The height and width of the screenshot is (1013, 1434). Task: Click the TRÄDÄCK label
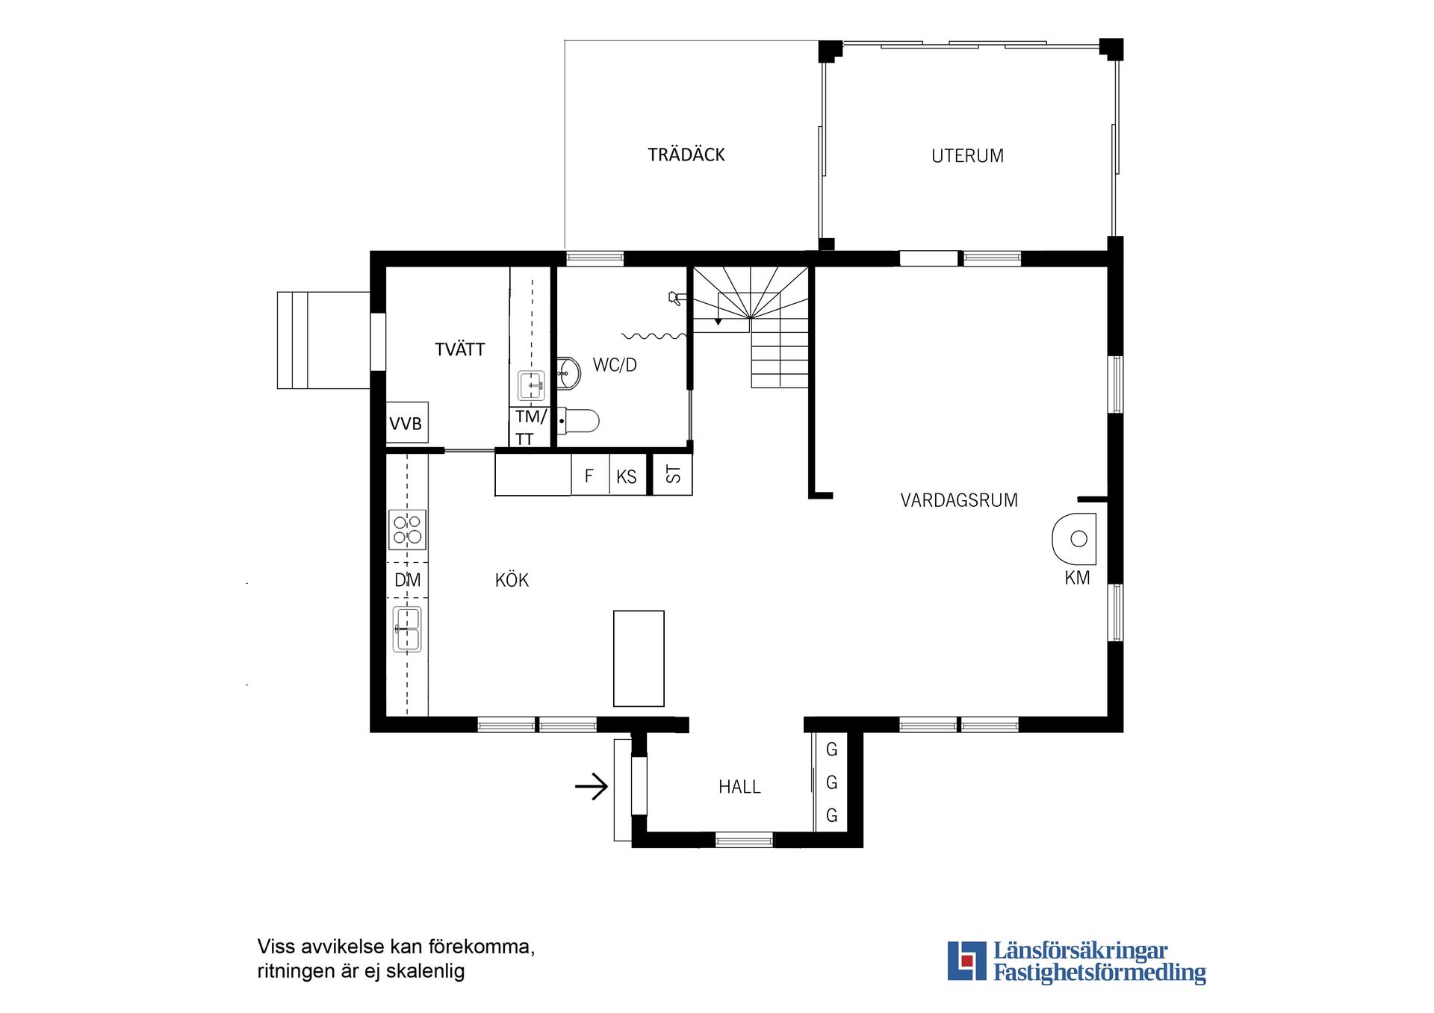coord(686,155)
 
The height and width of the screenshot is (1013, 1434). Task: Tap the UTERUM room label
coord(966,156)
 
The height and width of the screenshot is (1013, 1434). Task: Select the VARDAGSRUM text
coord(958,500)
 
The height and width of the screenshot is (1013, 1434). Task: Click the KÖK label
coord(512,580)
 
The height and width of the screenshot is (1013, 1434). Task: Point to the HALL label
coord(739,787)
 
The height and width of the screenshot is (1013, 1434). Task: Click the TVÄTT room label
coord(459,349)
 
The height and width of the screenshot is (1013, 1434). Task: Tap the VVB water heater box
coord(406,423)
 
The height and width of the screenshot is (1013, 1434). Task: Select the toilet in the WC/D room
coord(579,421)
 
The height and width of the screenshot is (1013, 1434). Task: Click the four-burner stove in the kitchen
coord(407,529)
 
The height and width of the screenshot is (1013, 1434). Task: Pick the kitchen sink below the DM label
coord(407,629)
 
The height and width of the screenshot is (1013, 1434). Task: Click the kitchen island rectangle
coord(639,658)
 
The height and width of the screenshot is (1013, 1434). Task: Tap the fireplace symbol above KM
coord(1075,538)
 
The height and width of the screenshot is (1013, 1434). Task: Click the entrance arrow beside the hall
coord(592,786)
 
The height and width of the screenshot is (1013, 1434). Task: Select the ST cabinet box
coord(673,474)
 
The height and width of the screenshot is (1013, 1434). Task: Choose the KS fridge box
coord(627,476)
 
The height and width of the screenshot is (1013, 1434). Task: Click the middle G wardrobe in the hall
coord(831,782)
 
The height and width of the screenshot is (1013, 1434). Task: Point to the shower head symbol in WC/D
coord(675,299)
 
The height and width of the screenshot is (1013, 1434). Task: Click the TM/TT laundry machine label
coord(530,427)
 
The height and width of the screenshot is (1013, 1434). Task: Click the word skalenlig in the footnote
coord(425,971)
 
